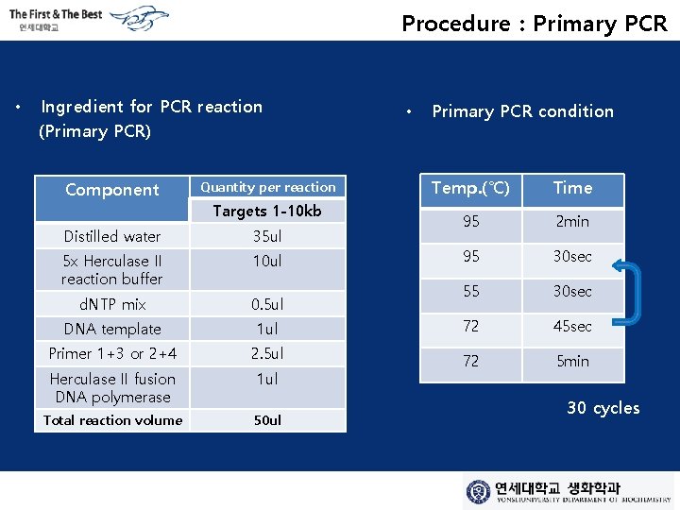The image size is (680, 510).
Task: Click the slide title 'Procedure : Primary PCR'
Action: (534, 24)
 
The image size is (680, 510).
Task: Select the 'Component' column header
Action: (112, 190)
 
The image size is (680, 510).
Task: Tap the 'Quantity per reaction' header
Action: (268, 187)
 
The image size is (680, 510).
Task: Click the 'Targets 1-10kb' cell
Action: (267, 211)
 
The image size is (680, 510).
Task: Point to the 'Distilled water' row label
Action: (112, 236)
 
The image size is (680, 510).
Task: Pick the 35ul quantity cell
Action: (267, 236)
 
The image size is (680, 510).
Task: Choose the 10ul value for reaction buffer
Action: (267, 261)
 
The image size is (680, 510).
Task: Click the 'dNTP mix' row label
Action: (112, 304)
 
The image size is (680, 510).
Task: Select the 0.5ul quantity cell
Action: (267, 304)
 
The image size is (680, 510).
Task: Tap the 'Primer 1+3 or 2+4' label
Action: (112, 353)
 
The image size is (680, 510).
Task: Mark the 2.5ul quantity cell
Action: (267, 353)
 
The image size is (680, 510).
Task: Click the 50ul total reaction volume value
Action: (267, 419)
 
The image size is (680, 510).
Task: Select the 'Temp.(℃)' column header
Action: (470, 188)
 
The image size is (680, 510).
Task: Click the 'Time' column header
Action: (572, 188)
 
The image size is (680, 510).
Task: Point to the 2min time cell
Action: (572, 222)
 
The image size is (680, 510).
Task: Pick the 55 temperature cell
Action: (470, 292)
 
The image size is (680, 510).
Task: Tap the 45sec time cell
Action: (572, 327)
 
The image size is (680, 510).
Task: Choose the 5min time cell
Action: (572, 361)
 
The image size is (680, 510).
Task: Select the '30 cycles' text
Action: (603, 408)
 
